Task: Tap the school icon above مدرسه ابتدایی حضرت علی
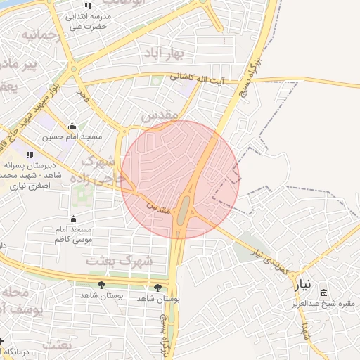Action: coord(87,6)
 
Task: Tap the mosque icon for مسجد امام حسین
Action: coord(71,127)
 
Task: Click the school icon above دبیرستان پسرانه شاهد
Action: coord(29,155)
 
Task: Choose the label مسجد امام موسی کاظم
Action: coord(75,235)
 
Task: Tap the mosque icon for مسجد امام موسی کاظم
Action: coord(74,219)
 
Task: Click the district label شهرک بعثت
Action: coord(110,260)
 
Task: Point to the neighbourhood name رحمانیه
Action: coord(39,34)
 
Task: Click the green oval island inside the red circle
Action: coord(184,209)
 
